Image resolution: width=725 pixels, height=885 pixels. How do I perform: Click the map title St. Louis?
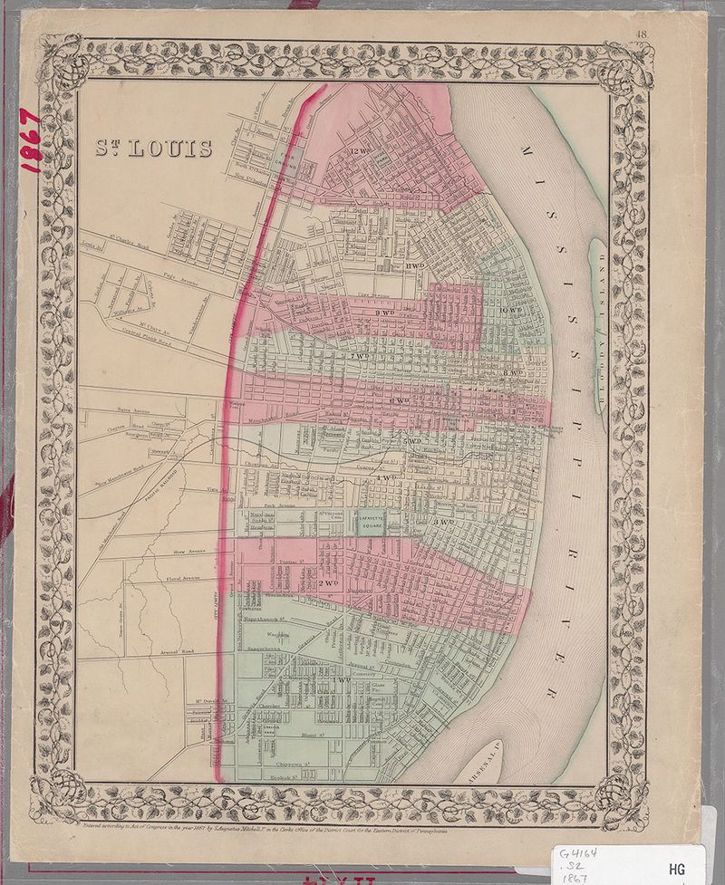pyautogui.click(x=154, y=147)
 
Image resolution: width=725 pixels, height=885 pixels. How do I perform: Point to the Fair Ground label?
pyautogui.click(x=288, y=161)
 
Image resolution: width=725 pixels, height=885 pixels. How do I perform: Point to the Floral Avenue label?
pyautogui.click(x=162, y=577)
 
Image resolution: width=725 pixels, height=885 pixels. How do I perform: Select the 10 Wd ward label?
pyautogui.click(x=514, y=312)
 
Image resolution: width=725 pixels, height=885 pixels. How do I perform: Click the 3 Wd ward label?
pyautogui.click(x=443, y=524)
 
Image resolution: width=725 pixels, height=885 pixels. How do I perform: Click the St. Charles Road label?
pyautogui.click(x=128, y=242)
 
